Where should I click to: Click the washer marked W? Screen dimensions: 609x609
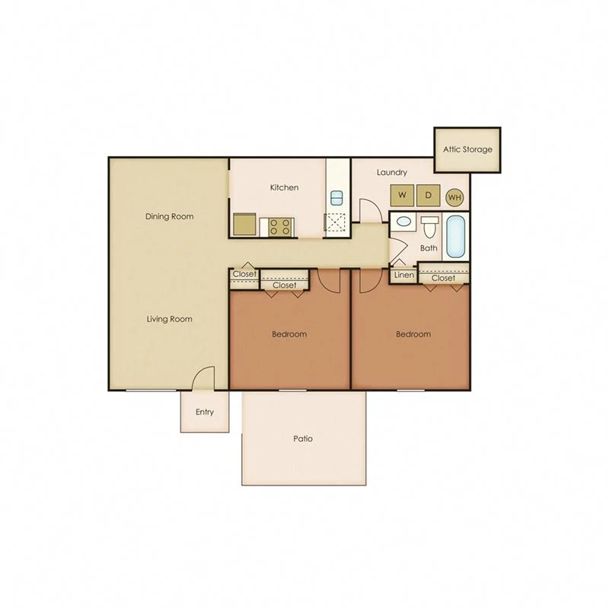pos(402,195)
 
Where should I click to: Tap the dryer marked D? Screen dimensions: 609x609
pos(428,195)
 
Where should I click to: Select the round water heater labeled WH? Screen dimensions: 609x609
pos(454,197)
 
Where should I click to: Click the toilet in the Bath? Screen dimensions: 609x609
pos(430,226)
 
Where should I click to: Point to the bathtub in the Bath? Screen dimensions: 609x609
pos(457,237)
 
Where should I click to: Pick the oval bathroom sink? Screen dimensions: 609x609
pos(404,223)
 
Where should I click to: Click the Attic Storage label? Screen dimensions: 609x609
pos(467,149)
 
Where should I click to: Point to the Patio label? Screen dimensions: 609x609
pos(303,439)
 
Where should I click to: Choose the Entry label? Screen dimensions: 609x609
pos(204,413)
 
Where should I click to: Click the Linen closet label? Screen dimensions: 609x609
pos(403,275)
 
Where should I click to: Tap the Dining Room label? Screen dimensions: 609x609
pos(169,216)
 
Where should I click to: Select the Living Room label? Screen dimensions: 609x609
pos(169,319)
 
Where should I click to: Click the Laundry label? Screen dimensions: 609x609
pos(391,173)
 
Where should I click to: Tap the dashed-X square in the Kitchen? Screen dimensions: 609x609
pos(336,223)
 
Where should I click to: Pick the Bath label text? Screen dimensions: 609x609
pos(429,248)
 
